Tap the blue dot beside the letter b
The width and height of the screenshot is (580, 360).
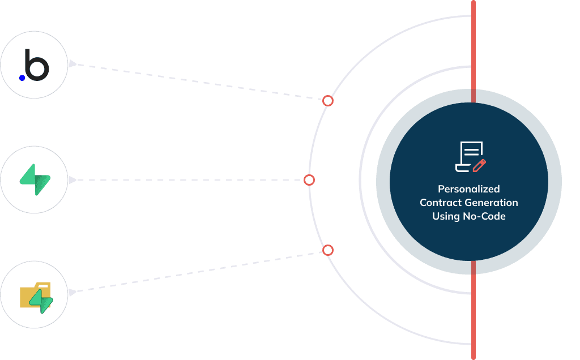pos(22,78)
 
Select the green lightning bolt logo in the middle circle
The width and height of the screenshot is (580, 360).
pos(35,179)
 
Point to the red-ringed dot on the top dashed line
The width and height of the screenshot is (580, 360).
pos(327,101)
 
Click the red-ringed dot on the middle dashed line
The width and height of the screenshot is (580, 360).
pos(309,180)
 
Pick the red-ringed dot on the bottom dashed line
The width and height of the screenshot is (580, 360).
pos(327,250)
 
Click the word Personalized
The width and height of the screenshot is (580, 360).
pos(468,189)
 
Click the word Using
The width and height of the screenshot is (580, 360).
pos(443,216)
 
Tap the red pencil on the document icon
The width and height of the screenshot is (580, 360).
pos(480,165)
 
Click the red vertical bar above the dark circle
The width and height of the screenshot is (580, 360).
pos(473,51)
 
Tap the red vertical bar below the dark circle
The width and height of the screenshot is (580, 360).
pos(473,310)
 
